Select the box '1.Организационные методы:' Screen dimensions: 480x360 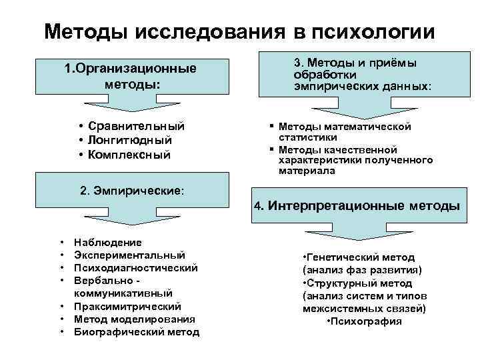131,77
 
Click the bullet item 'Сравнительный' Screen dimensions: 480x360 136,126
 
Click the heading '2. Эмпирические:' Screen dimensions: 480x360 132,190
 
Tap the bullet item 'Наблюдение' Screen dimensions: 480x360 108,243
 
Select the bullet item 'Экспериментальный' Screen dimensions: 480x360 130,255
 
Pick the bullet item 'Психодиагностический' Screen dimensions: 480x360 136,268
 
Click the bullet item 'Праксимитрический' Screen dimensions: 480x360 128,307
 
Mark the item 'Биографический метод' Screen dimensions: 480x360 137,332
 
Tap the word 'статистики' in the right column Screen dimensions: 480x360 307,137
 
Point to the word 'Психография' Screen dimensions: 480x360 365,321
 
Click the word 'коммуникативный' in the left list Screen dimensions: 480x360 123,293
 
